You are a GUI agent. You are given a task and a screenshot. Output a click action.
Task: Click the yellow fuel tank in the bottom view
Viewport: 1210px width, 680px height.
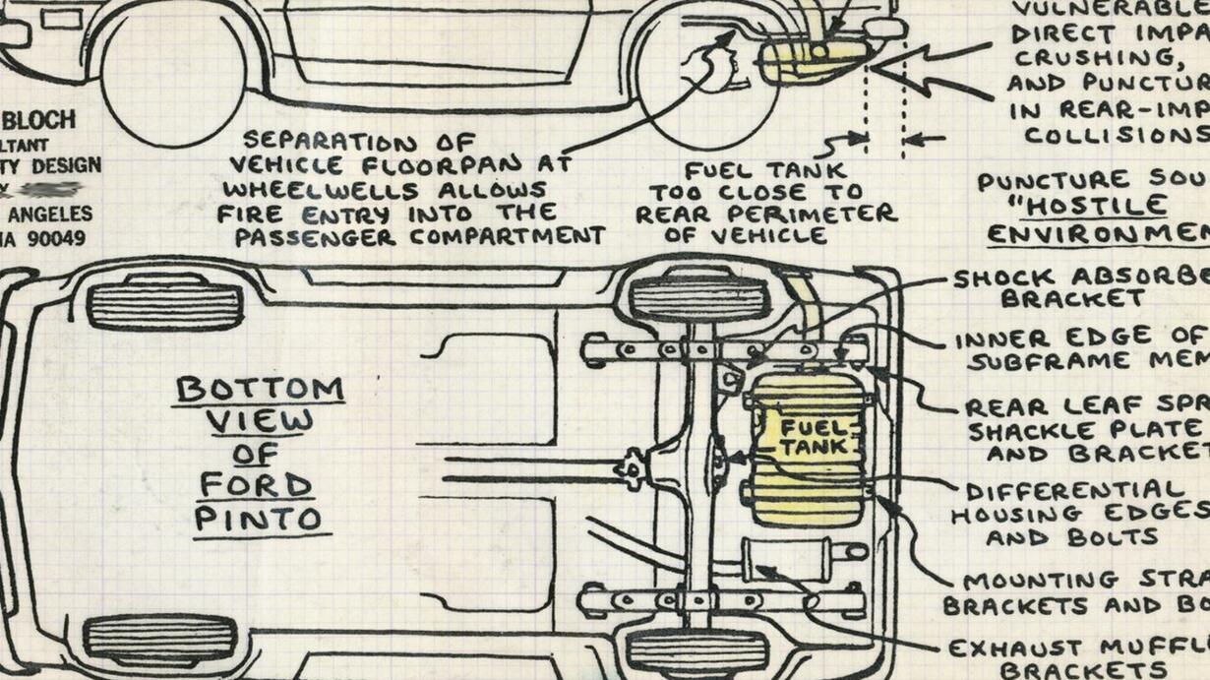click(807, 448)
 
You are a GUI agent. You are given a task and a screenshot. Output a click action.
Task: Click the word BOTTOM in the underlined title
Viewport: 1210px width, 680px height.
click(260, 390)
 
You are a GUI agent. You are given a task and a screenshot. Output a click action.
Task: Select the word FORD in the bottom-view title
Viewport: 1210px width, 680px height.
click(256, 484)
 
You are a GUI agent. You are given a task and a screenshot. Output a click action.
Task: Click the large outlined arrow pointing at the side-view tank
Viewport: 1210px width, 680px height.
click(930, 69)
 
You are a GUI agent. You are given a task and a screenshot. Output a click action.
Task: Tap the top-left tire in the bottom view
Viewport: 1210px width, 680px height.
click(164, 305)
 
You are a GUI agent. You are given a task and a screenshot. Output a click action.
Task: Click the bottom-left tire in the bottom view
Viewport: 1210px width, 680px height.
click(159, 638)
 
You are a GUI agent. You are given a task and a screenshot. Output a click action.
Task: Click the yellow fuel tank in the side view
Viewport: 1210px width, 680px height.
click(812, 59)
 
